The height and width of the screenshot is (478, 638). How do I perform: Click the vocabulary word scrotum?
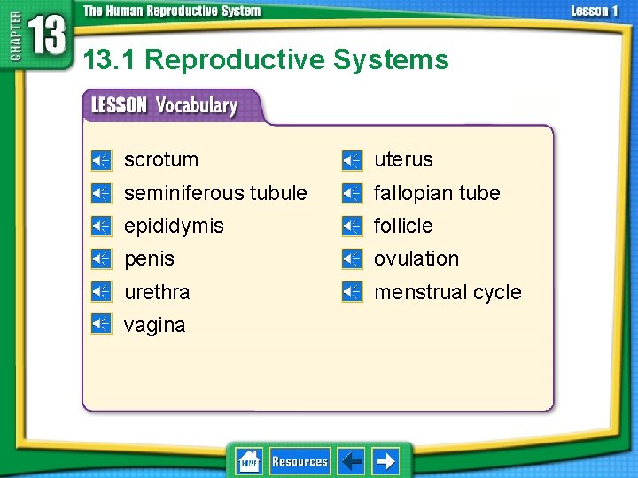click(160, 160)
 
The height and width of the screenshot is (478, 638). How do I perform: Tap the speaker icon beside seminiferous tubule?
click(101, 193)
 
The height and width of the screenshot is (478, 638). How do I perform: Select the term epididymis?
click(174, 226)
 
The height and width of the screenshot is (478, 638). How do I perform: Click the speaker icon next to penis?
click(101, 259)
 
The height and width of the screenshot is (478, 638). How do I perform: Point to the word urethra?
click(157, 292)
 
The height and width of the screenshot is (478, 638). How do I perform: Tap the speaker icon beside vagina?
click(101, 324)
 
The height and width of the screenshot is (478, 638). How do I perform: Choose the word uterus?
click(403, 160)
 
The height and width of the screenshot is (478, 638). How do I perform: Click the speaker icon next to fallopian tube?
click(352, 193)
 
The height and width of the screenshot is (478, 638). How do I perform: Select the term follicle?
click(403, 226)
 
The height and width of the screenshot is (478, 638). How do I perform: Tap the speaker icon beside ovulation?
click(352, 259)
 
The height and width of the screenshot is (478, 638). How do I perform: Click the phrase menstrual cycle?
click(447, 292)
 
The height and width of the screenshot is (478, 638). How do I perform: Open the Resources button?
click(300, 461)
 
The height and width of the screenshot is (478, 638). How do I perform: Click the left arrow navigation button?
click(352, 461)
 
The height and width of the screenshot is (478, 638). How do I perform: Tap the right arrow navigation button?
click(385, 461)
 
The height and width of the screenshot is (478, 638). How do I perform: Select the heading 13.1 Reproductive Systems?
click(266, 60)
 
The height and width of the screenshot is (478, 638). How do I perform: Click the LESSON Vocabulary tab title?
click(165, 105)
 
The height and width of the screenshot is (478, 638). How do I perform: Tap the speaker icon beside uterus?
click(352, 160)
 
